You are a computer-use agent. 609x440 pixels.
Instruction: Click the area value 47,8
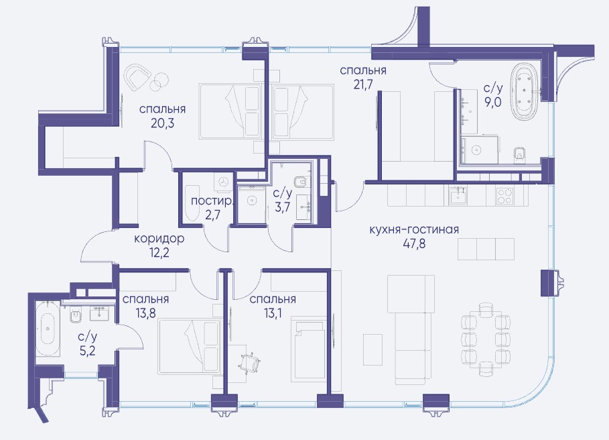tap(414, 243)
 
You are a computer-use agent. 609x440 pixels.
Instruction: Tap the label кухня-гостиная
tap(414, 229)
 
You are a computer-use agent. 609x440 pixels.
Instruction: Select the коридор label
tap(159, 238)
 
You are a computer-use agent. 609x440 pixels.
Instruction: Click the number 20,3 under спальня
tap(162, 123)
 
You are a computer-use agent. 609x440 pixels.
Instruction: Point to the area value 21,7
tap(363, 85)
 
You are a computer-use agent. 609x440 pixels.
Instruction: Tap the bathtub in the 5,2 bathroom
tap(48, 328)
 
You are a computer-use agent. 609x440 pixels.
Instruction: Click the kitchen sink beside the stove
tap(459, 195)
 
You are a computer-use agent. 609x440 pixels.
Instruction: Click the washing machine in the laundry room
tap(223, 182)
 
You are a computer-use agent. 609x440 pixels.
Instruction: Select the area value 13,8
tap(145, 313)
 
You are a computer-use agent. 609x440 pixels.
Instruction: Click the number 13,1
tap(273, 313)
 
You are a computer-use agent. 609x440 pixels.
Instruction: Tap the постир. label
tap(212, 201)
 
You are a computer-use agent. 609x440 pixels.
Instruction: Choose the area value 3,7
tap(283, 207)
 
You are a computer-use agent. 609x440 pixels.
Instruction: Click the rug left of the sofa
tap(373, 349)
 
